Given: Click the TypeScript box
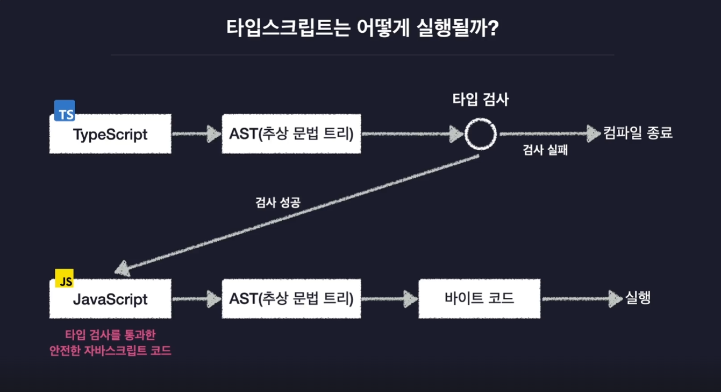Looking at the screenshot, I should [x=110, y=134].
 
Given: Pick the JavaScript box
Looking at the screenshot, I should [x=110, y=299].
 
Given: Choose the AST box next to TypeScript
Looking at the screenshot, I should [x=291, y=134].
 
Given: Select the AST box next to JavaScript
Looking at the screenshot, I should [x=291, y=299].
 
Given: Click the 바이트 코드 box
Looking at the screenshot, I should [x=479, y=299].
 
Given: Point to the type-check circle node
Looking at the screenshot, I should [x=481, y=134].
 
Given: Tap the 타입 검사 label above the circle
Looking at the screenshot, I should [x=480, y=100].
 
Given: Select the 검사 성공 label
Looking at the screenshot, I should [x=277, y=203].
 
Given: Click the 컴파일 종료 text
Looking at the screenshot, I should [x=638, y=133].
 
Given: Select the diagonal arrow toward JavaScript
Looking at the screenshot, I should [x=296, y=213].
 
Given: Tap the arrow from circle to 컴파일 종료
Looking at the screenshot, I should [x=548, y=134].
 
